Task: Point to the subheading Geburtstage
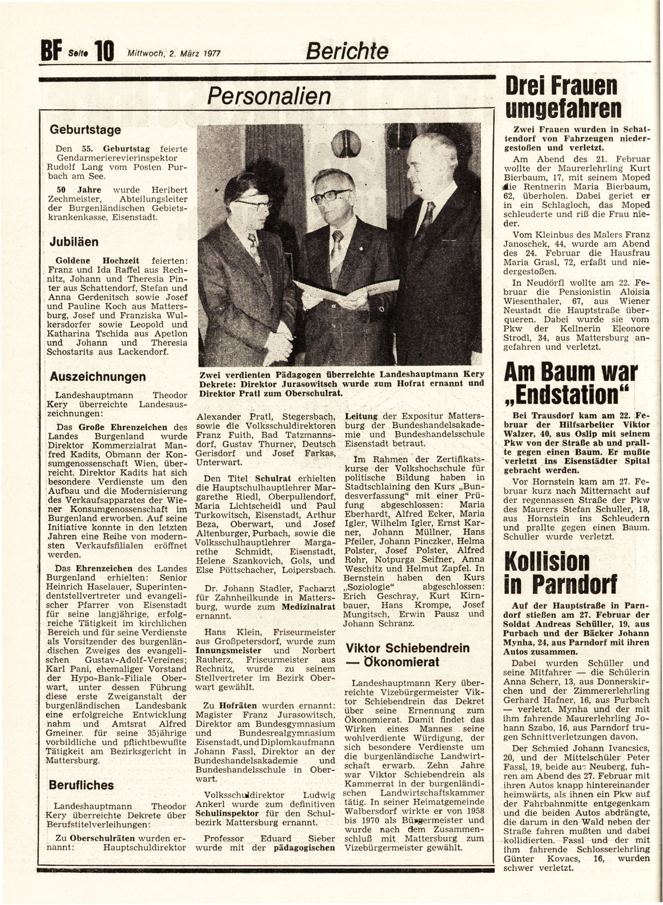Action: coord(85,130)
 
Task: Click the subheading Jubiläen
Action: coord(73,241)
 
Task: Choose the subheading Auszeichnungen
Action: coord(98,377)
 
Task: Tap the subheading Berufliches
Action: coord(81,785)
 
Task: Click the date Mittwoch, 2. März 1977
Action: coord(174,52)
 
